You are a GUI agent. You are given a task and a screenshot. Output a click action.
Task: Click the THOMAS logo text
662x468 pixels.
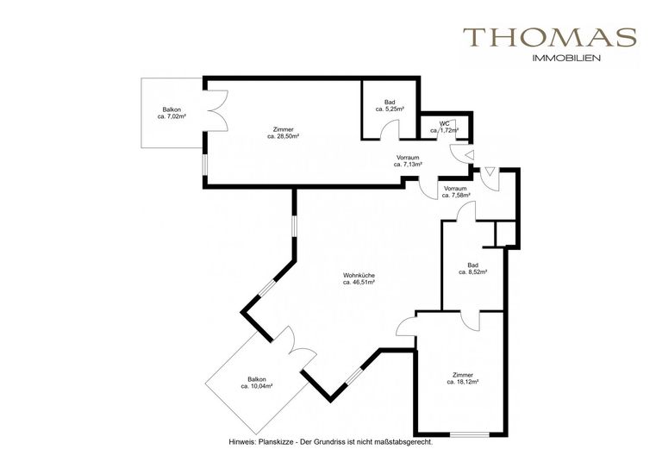[x=550, y=37]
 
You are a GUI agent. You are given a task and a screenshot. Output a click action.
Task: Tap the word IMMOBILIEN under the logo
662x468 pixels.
[x=567, y=59]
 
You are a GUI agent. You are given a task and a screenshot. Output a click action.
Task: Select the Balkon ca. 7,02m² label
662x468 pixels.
[x=172, y=113]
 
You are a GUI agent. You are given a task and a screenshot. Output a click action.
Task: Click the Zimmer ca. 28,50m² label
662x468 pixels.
[x=284, y=133]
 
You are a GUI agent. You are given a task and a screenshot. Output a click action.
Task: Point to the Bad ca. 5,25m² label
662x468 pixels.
[x=390, y=105]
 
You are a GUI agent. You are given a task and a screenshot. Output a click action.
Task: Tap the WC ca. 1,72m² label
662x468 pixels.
[x=445, y=127]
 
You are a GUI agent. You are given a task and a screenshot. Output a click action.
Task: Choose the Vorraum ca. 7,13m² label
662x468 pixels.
[x=409, y=161]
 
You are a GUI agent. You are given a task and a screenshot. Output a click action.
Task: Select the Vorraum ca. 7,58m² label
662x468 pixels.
[x=456, y=192]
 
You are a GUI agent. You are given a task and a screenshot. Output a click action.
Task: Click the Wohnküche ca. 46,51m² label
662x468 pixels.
[x=359, y=279]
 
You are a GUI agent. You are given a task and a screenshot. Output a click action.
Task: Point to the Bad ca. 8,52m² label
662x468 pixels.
[x=473, y=269]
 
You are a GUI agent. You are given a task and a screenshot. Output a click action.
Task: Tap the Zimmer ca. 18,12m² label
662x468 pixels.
[x=463, y=378]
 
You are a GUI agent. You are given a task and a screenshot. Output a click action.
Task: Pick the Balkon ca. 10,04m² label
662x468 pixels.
[x=257, y=383]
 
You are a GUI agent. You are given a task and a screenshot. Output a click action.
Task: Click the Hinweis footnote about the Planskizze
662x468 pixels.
[x=331, y=443]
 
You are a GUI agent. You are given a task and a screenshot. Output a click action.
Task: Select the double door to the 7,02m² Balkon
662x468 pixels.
[x=217, y=110]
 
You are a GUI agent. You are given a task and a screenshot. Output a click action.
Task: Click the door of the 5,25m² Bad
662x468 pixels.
[x=390, y=129]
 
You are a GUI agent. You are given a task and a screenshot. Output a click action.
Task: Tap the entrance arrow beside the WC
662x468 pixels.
[x=469, y=156]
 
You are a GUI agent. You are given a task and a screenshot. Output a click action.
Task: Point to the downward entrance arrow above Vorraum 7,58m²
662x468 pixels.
[x=490, y=172]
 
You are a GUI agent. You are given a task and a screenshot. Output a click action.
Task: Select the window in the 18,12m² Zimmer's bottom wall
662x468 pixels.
[x=470, y=434]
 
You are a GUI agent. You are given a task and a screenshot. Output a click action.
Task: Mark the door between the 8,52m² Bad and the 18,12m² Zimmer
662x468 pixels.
[x=471, y=321]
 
